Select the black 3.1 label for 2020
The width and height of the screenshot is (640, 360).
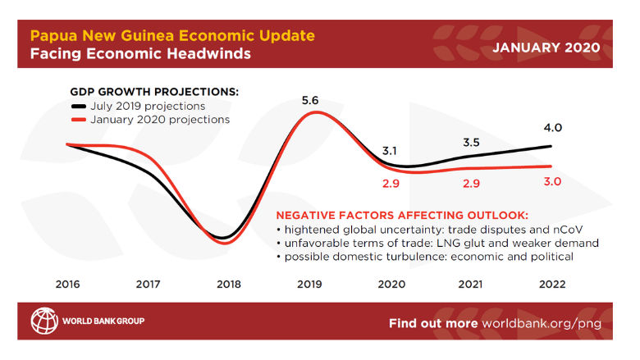click(390, 151)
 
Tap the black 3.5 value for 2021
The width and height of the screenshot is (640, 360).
click(470, 142)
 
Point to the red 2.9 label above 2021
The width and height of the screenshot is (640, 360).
click(470, 184)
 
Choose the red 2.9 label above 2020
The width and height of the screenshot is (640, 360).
click(390, 184)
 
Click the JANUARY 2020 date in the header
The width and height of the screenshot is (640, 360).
click(546, 47)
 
